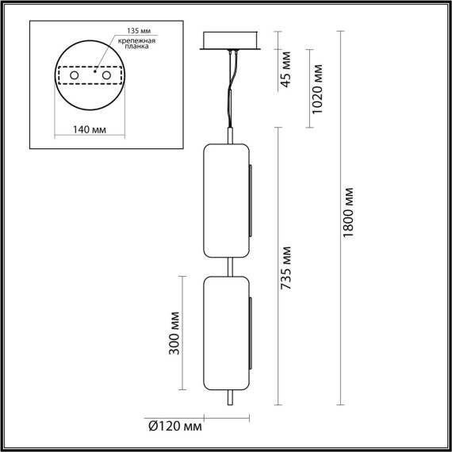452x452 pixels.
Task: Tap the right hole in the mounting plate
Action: coord(103,75)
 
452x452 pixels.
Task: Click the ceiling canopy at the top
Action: coord(232,40)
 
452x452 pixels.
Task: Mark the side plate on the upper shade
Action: coord(252,201)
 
